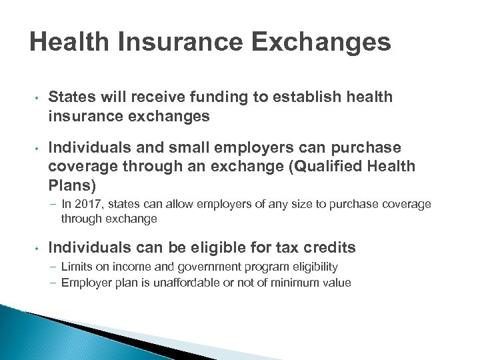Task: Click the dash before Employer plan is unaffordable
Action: point(53,282)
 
